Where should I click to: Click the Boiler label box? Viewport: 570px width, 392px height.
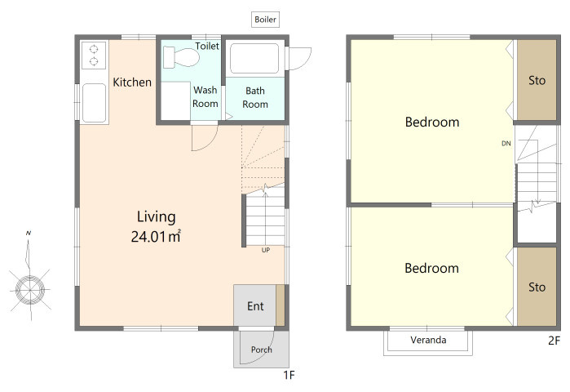coord(265,20)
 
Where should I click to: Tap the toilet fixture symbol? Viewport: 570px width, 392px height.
coord(181,57)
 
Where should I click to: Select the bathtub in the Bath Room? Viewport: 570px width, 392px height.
coord(254,58)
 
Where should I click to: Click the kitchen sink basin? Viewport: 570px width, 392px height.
coord(94,103)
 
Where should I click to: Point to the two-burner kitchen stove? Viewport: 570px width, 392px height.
coord(94,56)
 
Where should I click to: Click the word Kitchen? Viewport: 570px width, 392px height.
coord(132,82)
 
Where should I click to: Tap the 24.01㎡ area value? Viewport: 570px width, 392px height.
coord(156,237)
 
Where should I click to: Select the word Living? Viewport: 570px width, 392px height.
coord(157,217)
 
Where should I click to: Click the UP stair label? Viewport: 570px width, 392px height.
coord(266,250)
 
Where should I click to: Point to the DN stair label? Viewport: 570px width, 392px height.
coord(506,144)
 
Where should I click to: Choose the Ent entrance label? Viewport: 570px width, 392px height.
coord(255,306)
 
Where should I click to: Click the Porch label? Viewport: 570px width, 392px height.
coord(262,350)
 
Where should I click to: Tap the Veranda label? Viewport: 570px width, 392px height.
coord(428,340)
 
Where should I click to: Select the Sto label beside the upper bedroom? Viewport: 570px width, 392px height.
coord(537,80)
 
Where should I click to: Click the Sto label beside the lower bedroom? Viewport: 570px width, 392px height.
coord(537,287)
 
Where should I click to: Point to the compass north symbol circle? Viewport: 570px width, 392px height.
coord(30,290)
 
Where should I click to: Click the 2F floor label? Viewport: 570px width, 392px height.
coord(554,341)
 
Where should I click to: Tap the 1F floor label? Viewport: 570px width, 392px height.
coord(289,375)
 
